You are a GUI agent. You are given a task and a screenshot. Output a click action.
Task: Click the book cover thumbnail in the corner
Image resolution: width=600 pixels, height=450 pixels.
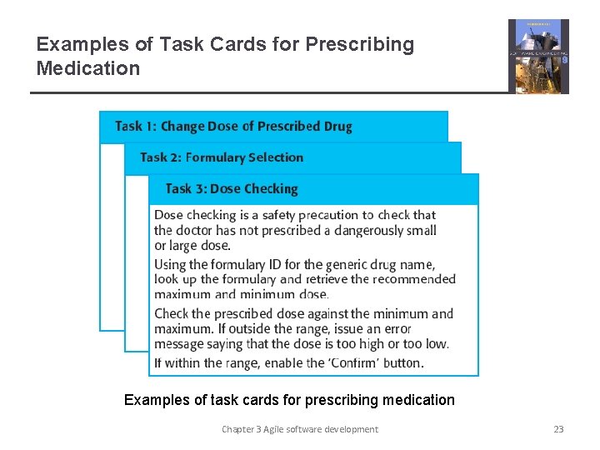[538, 56]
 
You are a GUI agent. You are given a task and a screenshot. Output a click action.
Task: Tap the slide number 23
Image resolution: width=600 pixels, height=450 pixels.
[558, 429]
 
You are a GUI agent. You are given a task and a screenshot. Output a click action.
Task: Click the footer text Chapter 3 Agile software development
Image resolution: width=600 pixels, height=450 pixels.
[299, 429]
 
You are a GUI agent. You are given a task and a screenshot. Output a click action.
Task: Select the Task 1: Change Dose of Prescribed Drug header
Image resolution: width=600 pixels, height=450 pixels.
[233, 127]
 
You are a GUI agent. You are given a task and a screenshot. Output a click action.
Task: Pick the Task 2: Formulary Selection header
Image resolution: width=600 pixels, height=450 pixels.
[222, 157]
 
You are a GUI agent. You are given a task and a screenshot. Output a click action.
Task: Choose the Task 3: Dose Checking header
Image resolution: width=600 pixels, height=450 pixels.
[232, 189]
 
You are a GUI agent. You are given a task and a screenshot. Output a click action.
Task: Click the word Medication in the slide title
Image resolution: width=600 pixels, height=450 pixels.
[88, 68]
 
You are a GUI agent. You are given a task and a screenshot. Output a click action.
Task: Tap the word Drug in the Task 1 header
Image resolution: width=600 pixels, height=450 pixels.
[337, 127]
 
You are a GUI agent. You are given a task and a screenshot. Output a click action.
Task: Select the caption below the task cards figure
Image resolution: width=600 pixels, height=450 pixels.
[289, 400]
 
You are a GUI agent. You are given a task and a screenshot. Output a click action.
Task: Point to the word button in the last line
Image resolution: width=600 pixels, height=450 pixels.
[399, 362]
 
